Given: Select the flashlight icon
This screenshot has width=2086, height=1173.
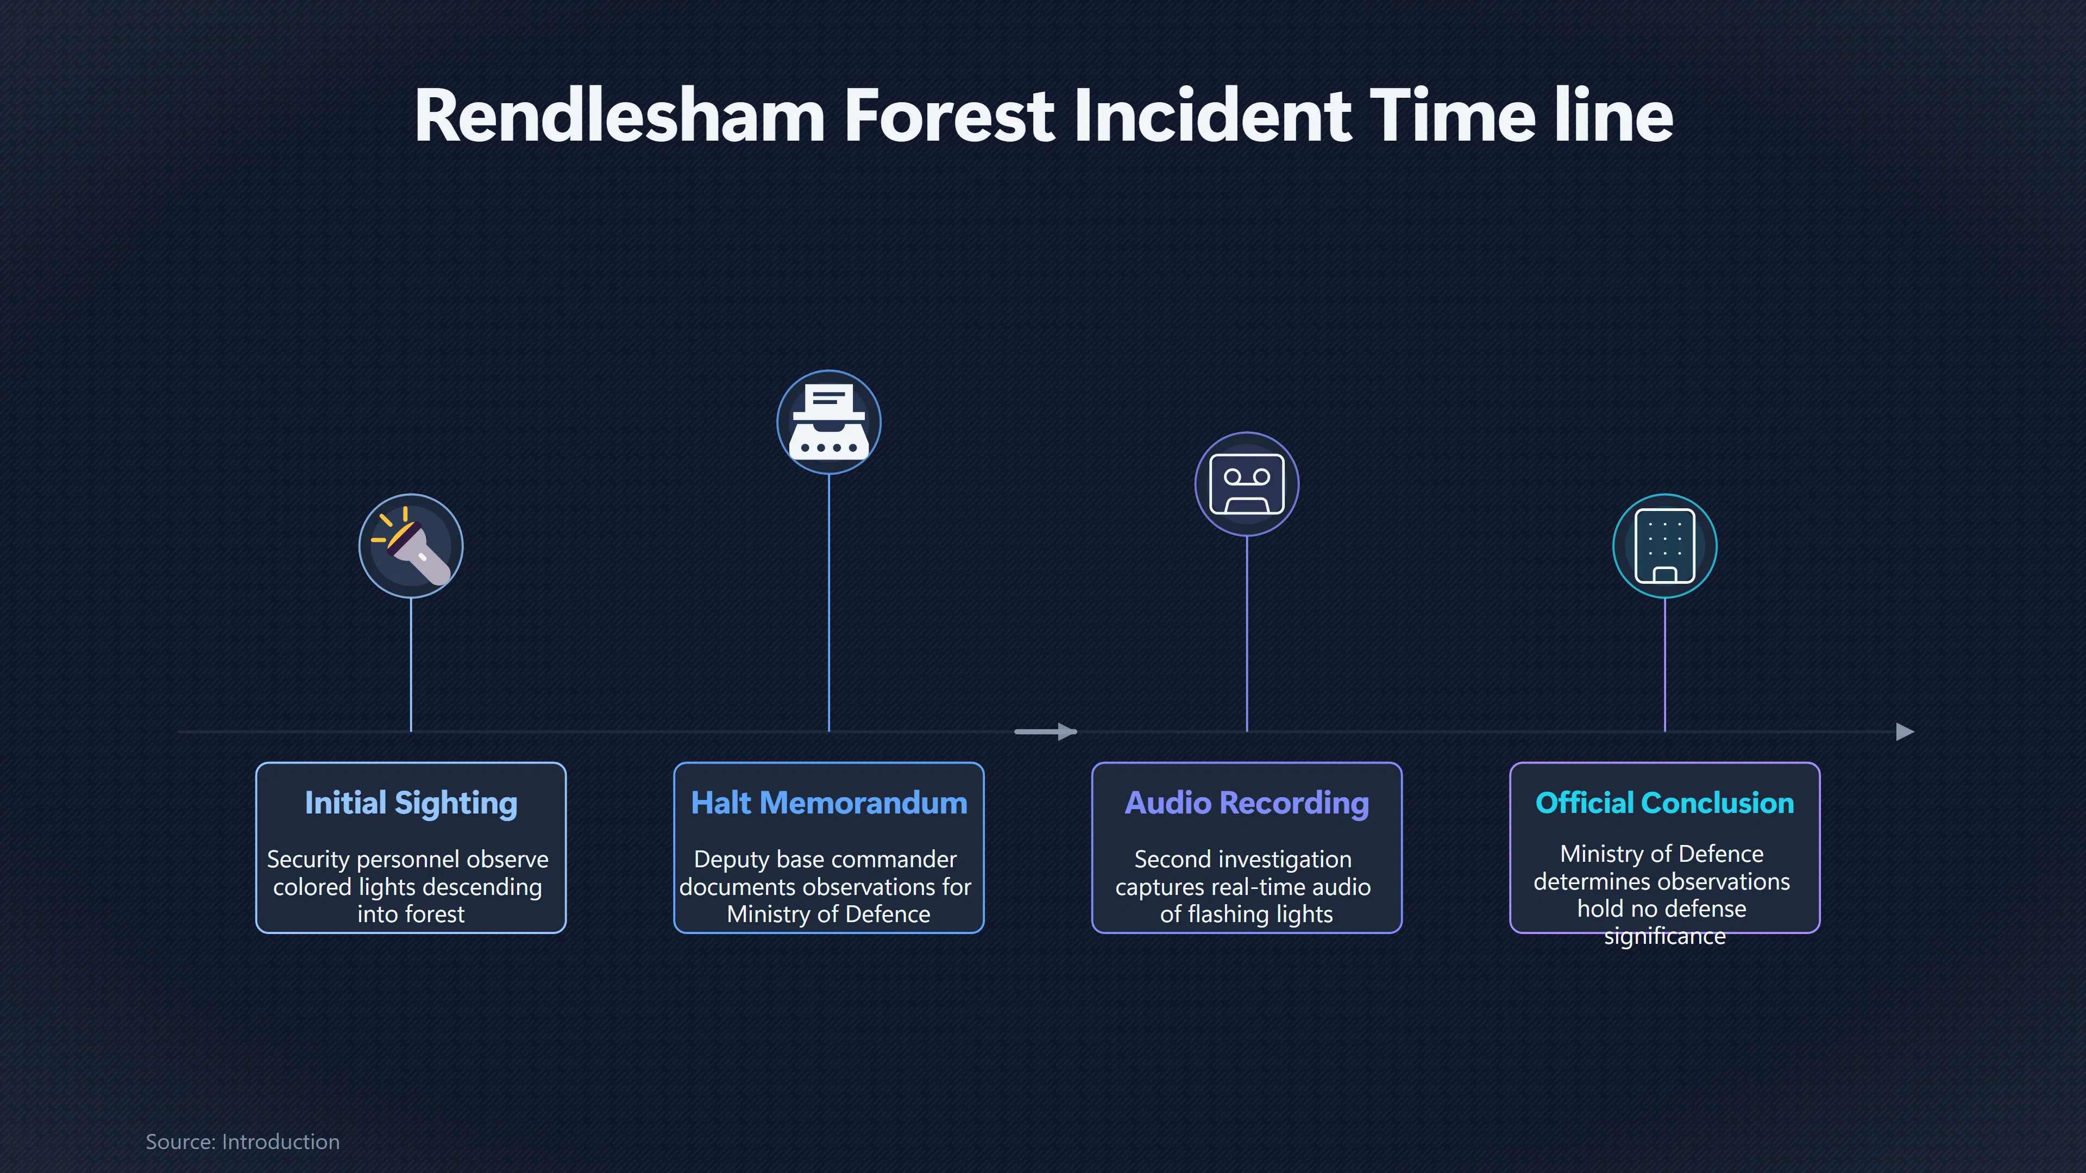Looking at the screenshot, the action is pyautogui.click(x=411, y=546).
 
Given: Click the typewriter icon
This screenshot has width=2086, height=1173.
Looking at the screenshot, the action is pyautogui.click(x=829, y=422).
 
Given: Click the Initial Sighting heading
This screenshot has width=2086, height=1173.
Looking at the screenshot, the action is pyautogui.click(x=411, y=803).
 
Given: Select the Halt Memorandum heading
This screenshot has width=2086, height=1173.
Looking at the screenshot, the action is pyautogui.click(x=829, y=803).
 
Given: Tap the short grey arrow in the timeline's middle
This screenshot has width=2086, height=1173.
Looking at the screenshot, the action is pyautogui.click(x=1045, y=732).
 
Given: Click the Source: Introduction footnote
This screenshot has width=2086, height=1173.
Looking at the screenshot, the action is pyautogui.click(x=242, y=1142).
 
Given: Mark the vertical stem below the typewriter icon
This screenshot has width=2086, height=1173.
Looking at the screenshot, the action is pyautogui.click(x=829, y=603).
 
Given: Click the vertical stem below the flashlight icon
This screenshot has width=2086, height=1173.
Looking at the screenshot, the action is pyautogui.click(x=411, y=665).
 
